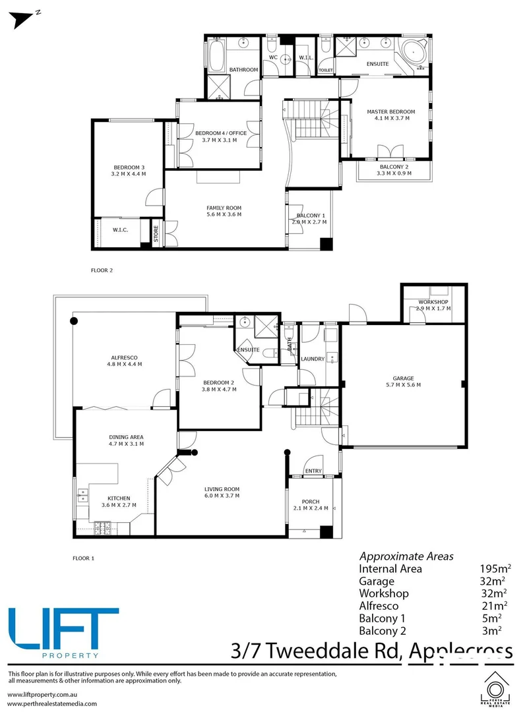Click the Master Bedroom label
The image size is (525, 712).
[x=391, y=112]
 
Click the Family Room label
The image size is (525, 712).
[x=224, y=208]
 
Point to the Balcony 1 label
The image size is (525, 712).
[x=310, y=216]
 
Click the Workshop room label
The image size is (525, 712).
[x=433, y=302]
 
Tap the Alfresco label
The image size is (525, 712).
[x=125, y=357]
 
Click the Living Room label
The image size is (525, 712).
[x=221, y=489]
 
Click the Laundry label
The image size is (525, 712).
[x=313, y=359]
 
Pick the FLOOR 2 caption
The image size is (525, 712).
[x=102, y=270]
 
